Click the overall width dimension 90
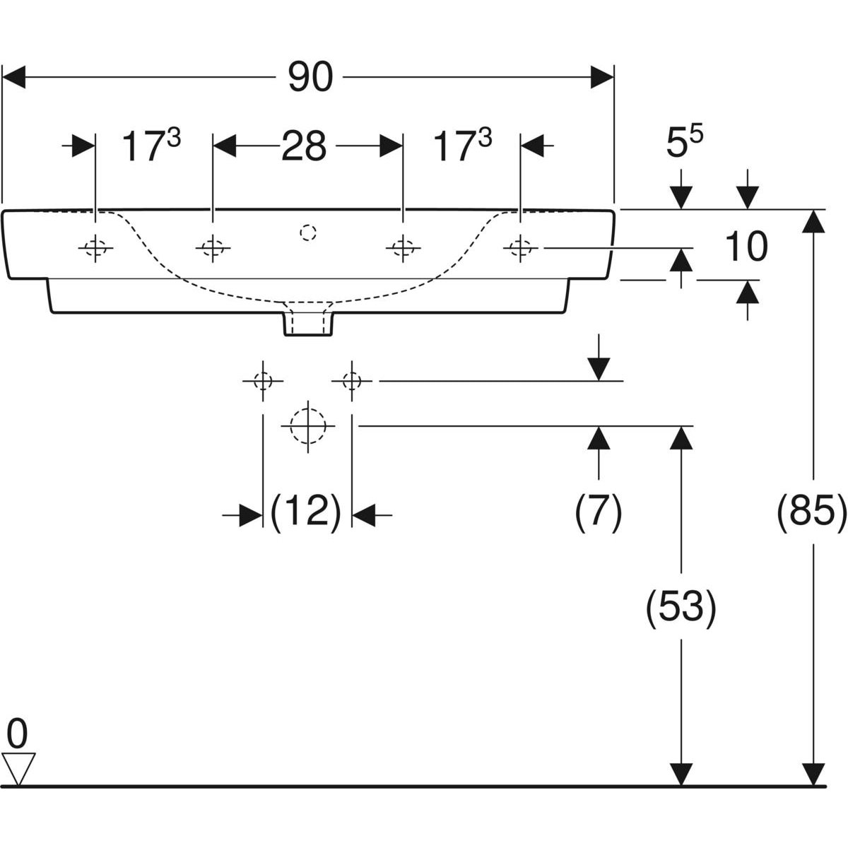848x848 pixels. click(x=310, y=77)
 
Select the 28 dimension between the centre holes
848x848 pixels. click(x=304, y=147)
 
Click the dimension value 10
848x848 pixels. click(x=745, y=247)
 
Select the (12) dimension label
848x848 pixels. click(x=307, y=510)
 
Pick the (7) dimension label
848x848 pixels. click(x=598, y=510)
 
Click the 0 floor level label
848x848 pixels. click(x=17, y=735)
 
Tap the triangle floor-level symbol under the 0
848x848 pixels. click(x=18, y=767)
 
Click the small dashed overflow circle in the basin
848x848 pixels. click(x=307, y=232)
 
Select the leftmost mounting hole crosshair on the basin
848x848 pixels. click(x=95, y=247)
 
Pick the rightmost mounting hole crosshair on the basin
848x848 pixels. click(x=521, y=247)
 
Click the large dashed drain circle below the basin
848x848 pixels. click(x=307, y=426)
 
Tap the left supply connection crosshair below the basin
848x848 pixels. click(x=263, y=381)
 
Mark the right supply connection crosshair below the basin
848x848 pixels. click(x=351, y=381)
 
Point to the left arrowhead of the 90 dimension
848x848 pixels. click(x=14, y=77)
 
